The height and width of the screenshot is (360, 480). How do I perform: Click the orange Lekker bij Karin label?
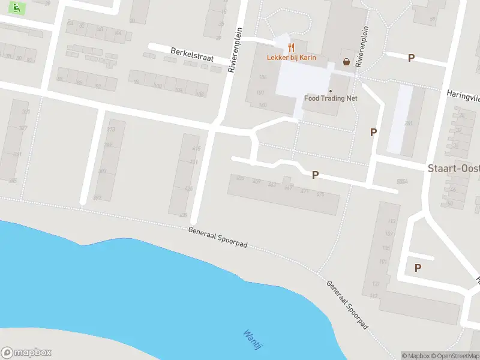tap(292, 58)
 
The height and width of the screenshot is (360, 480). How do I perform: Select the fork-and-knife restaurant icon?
tap(292, 46)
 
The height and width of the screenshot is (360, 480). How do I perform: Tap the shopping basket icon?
tap(346, 61)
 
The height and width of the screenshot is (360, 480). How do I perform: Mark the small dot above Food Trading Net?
tap(330, 91)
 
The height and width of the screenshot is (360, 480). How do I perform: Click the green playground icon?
tap(19, 9)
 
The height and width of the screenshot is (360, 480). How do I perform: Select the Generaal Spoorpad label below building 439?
tap(218, 238)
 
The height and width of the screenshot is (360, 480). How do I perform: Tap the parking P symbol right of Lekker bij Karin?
tap(411, 58)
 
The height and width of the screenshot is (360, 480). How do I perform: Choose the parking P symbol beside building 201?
tap(373, 132)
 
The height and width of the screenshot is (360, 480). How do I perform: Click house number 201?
tap(409, 124)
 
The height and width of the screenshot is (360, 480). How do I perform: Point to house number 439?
tap(183, 214)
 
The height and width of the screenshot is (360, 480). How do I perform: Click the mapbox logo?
tap(26, 353)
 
